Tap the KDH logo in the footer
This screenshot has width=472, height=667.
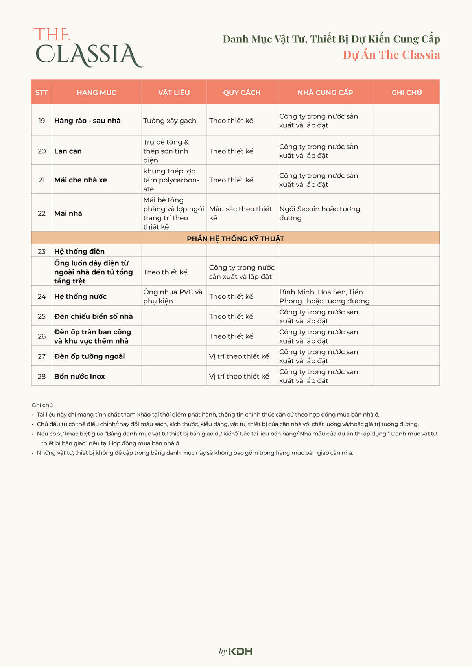coord(236,651)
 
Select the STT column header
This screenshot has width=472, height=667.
coord(42,92)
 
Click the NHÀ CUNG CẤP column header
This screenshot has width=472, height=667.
coord(325,92)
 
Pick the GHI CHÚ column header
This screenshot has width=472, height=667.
coord(406,92)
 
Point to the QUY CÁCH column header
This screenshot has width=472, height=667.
coord(242,92)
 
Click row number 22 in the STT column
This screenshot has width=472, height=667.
coord(42,213)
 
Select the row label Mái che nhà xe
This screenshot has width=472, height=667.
coord(81,180)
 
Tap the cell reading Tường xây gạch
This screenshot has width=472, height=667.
coord(170,121)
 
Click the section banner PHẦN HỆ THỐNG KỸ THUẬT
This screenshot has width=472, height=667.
coord(235,239)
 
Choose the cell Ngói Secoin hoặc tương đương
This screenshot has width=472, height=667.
coord(319,213)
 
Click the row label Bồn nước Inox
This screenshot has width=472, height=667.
coord(79,376)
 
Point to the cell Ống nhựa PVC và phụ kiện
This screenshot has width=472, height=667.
coord(173,296)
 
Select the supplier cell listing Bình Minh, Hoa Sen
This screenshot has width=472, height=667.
coord(324,296)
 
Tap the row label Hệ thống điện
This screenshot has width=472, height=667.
coord(79,251)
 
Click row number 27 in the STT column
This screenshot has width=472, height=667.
coord(42,356)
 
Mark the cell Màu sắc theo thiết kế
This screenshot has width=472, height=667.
coord(240,213)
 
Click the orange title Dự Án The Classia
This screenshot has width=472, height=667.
coord(391,55)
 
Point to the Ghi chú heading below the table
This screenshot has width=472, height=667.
coord(42,405)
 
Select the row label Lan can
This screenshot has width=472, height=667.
coord(68,151)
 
